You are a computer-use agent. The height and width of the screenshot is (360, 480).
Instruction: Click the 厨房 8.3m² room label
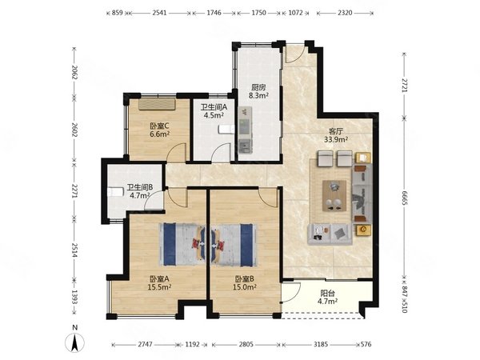[258, 91]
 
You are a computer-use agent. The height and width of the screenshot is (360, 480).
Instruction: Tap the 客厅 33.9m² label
[336, 136]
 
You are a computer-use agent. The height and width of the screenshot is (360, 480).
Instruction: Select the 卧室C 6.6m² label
[159, 130]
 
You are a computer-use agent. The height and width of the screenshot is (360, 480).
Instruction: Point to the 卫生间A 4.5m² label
[214, 111]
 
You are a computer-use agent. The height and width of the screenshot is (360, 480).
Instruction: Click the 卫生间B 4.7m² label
[140, 191]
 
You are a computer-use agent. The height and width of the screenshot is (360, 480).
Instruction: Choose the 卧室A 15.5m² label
[159, 283]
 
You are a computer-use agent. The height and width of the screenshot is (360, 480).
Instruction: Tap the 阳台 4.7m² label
[327, 297]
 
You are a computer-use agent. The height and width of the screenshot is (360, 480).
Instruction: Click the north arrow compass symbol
[74, 342]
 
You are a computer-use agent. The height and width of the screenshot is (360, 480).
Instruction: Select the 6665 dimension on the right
[404, 198]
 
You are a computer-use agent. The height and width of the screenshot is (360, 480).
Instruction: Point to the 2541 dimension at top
[159, 13]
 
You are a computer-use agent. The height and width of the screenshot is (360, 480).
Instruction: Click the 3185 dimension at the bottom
[321, 344]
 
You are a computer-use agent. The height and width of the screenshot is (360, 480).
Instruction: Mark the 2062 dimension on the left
[74, 72]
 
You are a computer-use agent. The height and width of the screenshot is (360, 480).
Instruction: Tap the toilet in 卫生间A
[226, 130]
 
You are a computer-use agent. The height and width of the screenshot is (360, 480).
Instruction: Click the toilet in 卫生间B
[115, 192]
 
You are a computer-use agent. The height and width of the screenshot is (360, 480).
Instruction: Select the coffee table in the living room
[334, 196]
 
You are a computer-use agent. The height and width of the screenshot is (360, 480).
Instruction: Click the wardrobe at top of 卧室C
[157, 104]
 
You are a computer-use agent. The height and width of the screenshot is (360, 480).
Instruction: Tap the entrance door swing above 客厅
[294, 54]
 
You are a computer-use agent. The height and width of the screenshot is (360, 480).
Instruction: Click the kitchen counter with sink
[245, 130]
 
